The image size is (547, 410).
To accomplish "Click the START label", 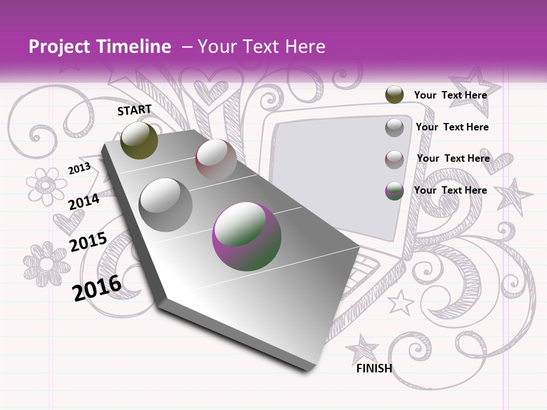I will coord(134,110).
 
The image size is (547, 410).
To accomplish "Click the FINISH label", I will coord(374,368).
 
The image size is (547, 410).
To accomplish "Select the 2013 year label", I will coord(80,168).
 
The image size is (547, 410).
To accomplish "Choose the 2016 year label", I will coord(97,287).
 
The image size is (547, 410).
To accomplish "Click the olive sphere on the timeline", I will coord(140,140).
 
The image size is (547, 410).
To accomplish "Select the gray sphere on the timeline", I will coord(165,204).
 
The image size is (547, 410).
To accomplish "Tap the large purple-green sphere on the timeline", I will coord(247,236).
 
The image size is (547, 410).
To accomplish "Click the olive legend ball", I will coord(394,95).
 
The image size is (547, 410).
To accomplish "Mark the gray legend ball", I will coord(394,128).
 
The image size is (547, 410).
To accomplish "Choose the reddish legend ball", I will coord(394,159).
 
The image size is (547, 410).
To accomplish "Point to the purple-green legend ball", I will coord(394,191).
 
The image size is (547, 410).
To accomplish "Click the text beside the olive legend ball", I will coord(450,95).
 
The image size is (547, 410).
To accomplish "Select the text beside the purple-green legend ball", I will coord(450,190).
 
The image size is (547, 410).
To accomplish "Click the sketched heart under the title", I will coord(210,89).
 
